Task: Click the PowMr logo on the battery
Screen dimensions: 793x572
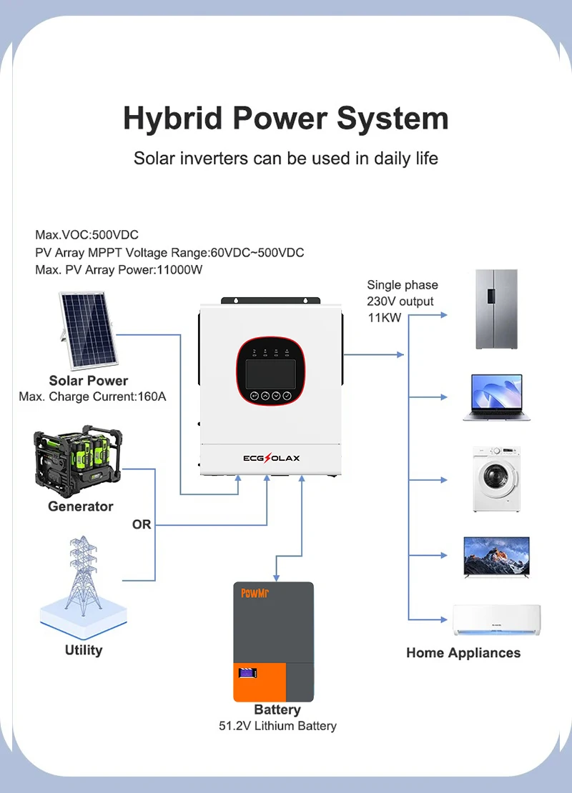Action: pos(254,593)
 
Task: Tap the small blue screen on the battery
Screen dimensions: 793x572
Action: pos(248,673)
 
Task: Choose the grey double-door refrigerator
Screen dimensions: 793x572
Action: pos(496,309)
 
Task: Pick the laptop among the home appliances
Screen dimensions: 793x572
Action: pos(496,396)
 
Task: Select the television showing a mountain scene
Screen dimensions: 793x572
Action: pos(496,556)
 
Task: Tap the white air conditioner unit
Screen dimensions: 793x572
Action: pos(496,619)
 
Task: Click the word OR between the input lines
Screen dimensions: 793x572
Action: pos(142,524)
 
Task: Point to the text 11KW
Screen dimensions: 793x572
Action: pos(385,317)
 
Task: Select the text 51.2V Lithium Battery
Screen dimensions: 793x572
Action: pos(277,726)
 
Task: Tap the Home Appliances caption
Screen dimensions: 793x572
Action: pos(463,652)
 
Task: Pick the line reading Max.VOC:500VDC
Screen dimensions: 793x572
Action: pos(87,235)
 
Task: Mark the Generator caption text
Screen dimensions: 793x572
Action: pos(81,506)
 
